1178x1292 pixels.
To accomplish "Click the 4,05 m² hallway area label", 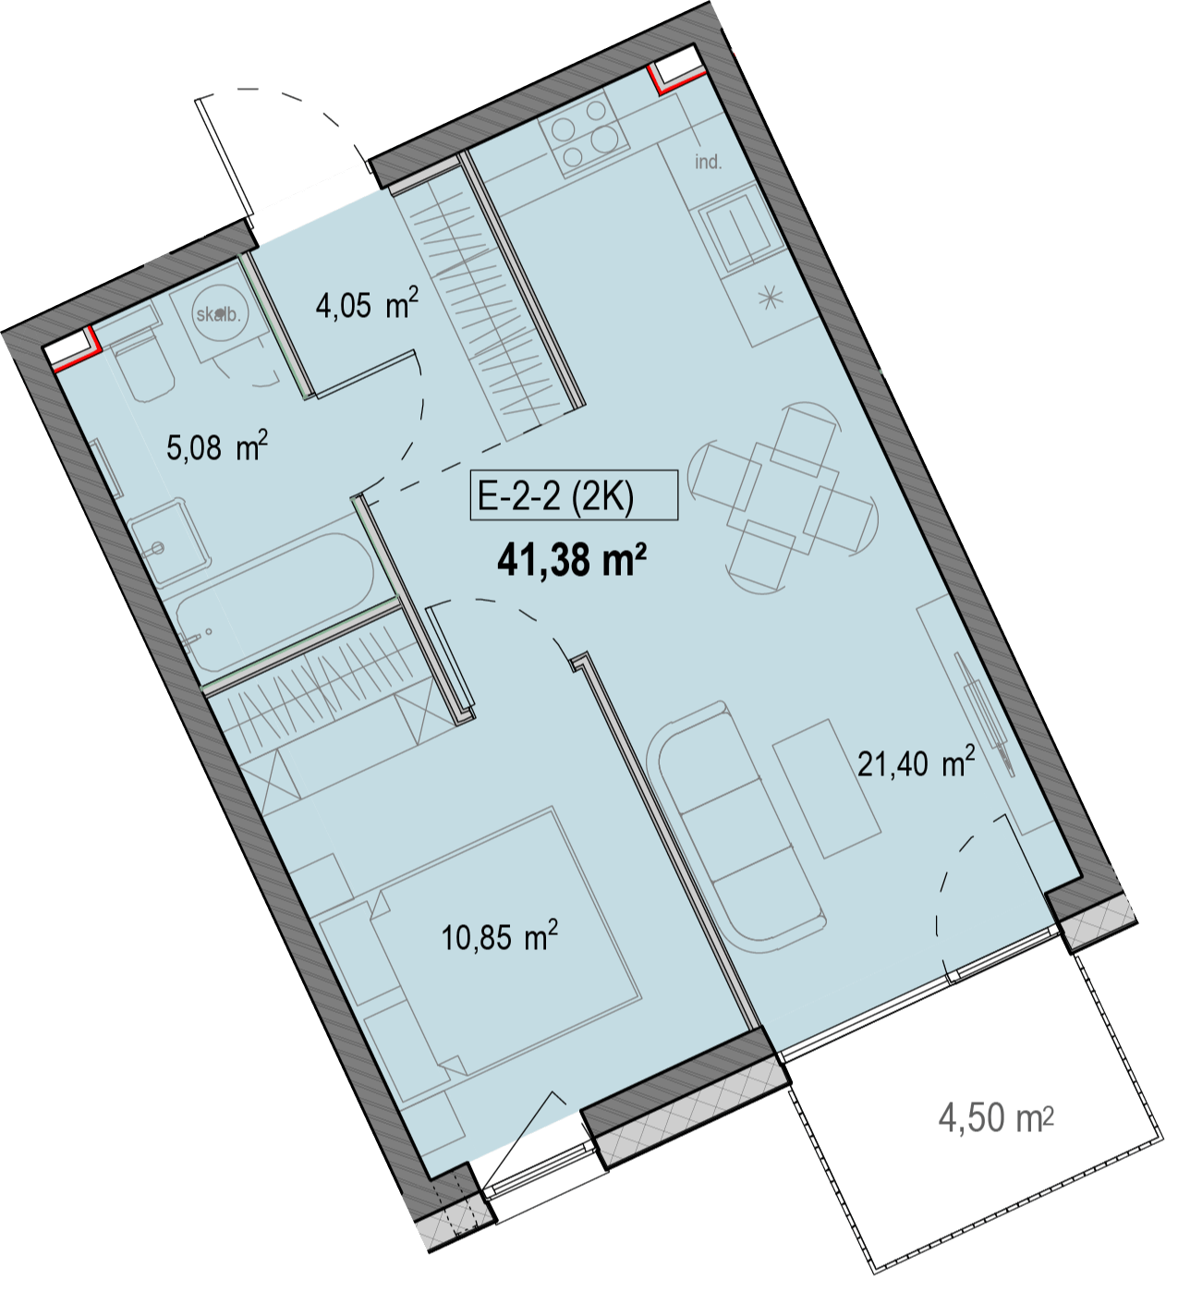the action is [367, 303].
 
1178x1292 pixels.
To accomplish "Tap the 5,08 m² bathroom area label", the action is [216, 445].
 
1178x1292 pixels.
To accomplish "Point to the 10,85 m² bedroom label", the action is [499, 936].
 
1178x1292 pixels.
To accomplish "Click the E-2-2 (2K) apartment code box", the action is [574, 494].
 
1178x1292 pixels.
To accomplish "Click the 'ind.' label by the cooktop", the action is [708, 163].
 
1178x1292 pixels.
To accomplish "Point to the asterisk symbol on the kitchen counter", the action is [771, 299].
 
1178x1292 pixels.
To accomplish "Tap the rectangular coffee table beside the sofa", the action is [826, 789].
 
